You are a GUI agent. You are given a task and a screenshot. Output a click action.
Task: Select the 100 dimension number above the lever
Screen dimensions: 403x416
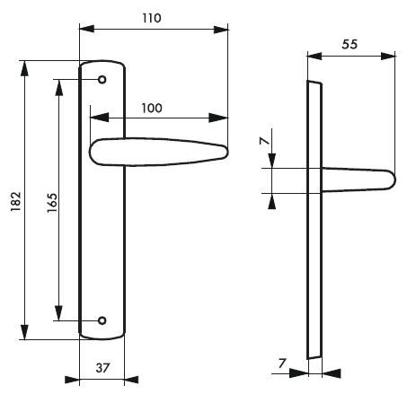[152, 108]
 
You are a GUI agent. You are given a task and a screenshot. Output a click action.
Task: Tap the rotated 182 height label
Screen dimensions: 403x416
[14, 202]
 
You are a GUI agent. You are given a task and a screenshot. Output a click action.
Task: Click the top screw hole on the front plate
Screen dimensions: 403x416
[102, 80]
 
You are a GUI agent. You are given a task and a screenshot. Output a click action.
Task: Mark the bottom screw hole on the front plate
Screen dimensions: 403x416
[102, 320]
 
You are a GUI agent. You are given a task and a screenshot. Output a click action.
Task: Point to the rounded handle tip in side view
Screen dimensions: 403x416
[388, 180]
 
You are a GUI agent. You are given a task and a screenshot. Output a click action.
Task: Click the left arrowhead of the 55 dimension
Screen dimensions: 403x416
[313, 56]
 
